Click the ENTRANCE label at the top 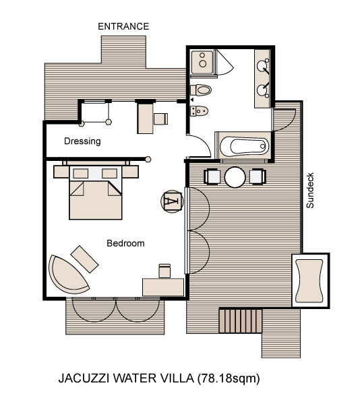(x=123, y=26)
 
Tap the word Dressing (x=82, y=141)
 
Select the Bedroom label (x=125, y=243)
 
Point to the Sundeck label (x=310, y=191)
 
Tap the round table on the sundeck (x=235, y=177)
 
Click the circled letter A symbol (x=172, y=201)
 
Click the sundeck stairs (x=241, y=321)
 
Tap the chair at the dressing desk (x=160, y=119)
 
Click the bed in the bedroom (x=96, y=193)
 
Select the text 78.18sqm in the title (x=229, y=378)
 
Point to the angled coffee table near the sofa (x=84, y=259)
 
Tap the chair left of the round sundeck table (x=212, y=177)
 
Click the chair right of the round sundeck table (x=258, y=177)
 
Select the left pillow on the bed (x=81, y=174)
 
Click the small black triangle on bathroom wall (x=192, y=100)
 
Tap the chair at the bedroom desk (x=164, y=271)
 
